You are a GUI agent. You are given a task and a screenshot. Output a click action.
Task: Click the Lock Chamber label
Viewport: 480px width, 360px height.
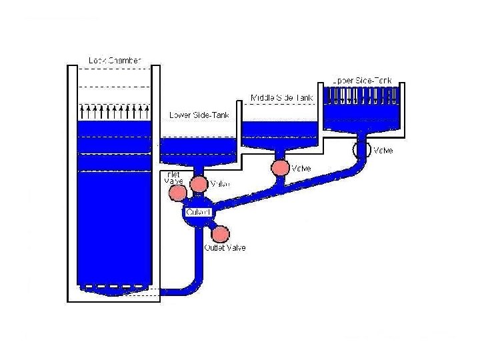pos(115,61)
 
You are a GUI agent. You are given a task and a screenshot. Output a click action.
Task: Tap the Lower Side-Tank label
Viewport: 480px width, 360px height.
pos(199,115)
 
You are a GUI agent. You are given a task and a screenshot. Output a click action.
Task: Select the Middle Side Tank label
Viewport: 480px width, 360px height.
pos(281,98)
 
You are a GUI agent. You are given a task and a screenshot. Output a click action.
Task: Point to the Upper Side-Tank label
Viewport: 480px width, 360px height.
pos(362,80)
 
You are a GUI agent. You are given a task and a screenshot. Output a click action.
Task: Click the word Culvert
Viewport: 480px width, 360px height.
pos(199,212)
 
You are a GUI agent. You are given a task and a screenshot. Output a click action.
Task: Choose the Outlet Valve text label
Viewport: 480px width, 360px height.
pos(225,248)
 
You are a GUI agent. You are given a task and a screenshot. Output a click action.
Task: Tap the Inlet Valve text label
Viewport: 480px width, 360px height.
pos(173,178)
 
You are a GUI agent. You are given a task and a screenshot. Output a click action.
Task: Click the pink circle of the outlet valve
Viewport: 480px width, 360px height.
pos(220,234)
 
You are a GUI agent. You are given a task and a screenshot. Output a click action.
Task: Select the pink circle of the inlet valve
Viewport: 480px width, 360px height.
pos(177,193)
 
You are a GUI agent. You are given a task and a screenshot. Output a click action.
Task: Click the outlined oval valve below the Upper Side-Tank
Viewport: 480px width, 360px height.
pos(361,150)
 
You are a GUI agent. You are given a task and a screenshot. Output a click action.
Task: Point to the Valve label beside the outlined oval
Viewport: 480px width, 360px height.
pos(383,151)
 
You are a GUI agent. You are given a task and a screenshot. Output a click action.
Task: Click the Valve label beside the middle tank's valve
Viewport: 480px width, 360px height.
pos(301,168)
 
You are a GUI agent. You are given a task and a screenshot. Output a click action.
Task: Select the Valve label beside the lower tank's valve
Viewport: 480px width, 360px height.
pos(220,184)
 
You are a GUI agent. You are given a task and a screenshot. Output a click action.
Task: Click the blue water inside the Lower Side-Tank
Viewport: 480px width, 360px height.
pos(199,149)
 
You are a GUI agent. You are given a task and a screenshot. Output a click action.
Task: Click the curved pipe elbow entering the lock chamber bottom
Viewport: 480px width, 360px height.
pos(190,285)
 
